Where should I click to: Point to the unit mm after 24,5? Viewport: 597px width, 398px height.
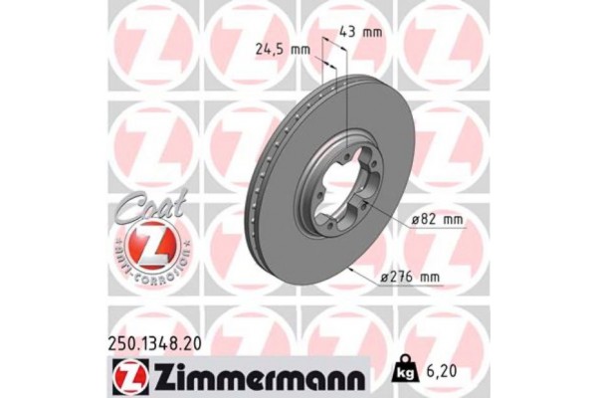(299, 48)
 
